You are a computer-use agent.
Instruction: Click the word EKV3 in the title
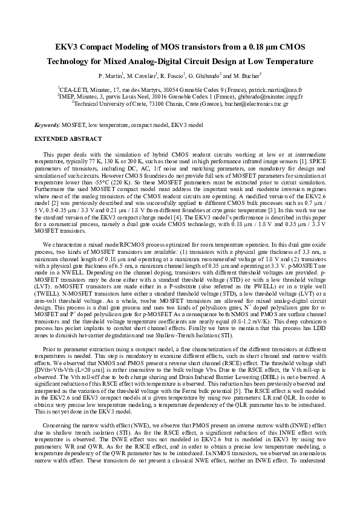click(67, 47)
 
